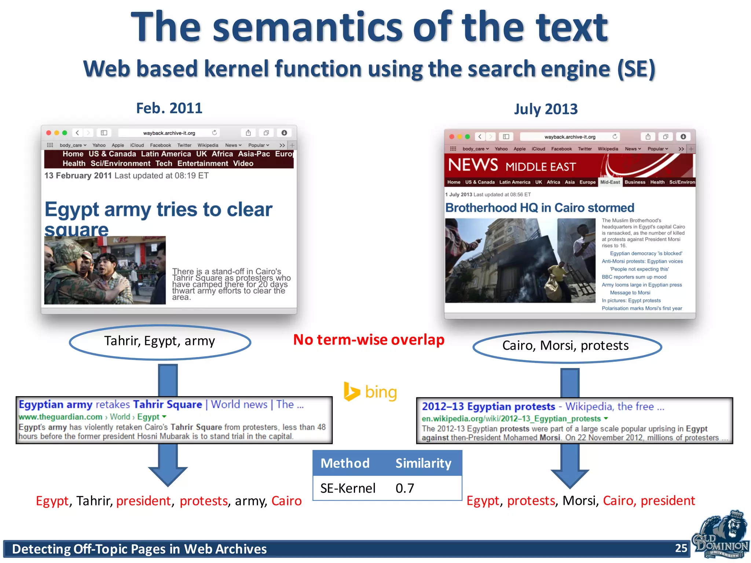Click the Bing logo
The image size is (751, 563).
(x=370, y=392)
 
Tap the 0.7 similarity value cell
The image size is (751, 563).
(x=405, y=488)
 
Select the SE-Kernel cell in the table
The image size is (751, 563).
(x=348, y=488)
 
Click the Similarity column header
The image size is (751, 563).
(x=423, y=463)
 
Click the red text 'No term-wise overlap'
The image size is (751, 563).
(x=369, y=340)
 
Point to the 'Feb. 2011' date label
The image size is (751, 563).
(x=169, y=108)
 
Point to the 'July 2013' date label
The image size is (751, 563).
(x=546, y=109)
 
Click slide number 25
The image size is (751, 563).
(x=681, y=548)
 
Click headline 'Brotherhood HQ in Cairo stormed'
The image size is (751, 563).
(x=539, y=208)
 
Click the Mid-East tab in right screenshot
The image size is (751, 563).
(x=610, y=182)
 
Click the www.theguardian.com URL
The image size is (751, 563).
(x=61, y=417)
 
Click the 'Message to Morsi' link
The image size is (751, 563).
(x=630, y=292)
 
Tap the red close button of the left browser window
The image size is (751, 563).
(x=49, y=133)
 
